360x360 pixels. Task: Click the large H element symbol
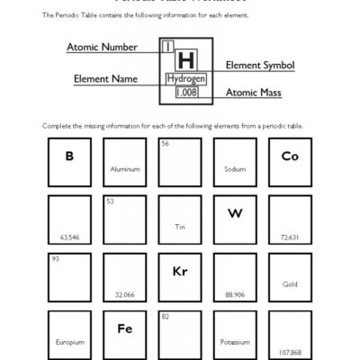point(186,60)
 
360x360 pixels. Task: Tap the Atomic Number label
point(102,46)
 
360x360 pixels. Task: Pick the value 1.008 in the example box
point(186,92)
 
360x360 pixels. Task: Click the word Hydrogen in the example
point(186,79)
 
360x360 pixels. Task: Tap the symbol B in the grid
point(68,156)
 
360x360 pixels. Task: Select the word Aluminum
point(124,169)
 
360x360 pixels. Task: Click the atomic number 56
point(165,143)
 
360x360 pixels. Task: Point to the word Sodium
point(234,169)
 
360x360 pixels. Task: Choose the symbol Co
point(289,156)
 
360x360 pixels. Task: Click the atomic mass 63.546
point(68,238)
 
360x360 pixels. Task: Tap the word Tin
point(179,226)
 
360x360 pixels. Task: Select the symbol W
point(235,213)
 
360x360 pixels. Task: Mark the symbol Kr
point(179,271)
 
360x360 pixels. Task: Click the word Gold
point(290,283)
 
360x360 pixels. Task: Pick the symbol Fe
point(124,328)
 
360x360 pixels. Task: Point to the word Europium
point(68,342)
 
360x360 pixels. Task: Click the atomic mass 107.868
point(290,352)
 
